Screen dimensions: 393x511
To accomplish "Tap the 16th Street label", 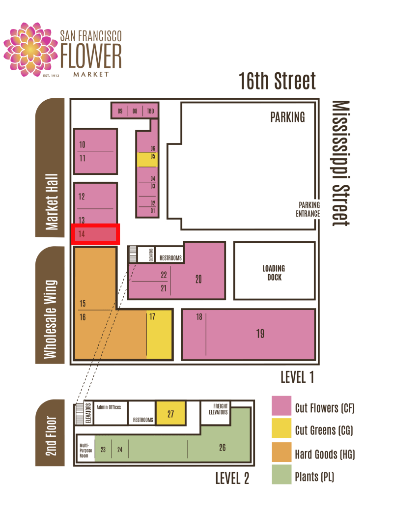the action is pyautogui.click(x=278, y=81).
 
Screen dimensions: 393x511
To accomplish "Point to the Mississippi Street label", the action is pyautogui.click(x=341, y=163).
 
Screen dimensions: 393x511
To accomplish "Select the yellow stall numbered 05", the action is pyautogui.click(x=147, y=160).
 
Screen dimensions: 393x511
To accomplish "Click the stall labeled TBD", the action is pyautogui.click(x=150, y=111).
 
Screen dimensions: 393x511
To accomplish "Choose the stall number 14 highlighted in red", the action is pyautogui.click(x=95, y=234).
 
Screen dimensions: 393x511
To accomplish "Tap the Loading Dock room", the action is pyautogui.click(x=275, y=271).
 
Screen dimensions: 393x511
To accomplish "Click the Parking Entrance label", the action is pyautogui.click(x=308, y=209).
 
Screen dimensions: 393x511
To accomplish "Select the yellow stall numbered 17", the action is pyautogui.click(x=159, y=334).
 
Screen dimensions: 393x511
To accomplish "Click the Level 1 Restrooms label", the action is pyautogui.click(x=170, y=258).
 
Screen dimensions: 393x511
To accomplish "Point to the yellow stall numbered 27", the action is pyautogui.click(x=171, y=413).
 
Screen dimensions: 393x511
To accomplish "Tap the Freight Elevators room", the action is pyautogui.click(x=216, y=413).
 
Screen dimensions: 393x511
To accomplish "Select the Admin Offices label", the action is pyautogui.click(x=109, y=407).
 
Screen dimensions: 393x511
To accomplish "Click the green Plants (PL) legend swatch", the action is pyautogui.click(x=281, y=475).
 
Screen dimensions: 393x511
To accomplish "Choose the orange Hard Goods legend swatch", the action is pyautogui.click(x=281, y=452).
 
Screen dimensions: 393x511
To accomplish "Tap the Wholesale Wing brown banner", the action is pyautogui.click(x=50, y=305).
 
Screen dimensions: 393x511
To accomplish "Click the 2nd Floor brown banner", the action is pyautogui.click(x=50, y=433).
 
